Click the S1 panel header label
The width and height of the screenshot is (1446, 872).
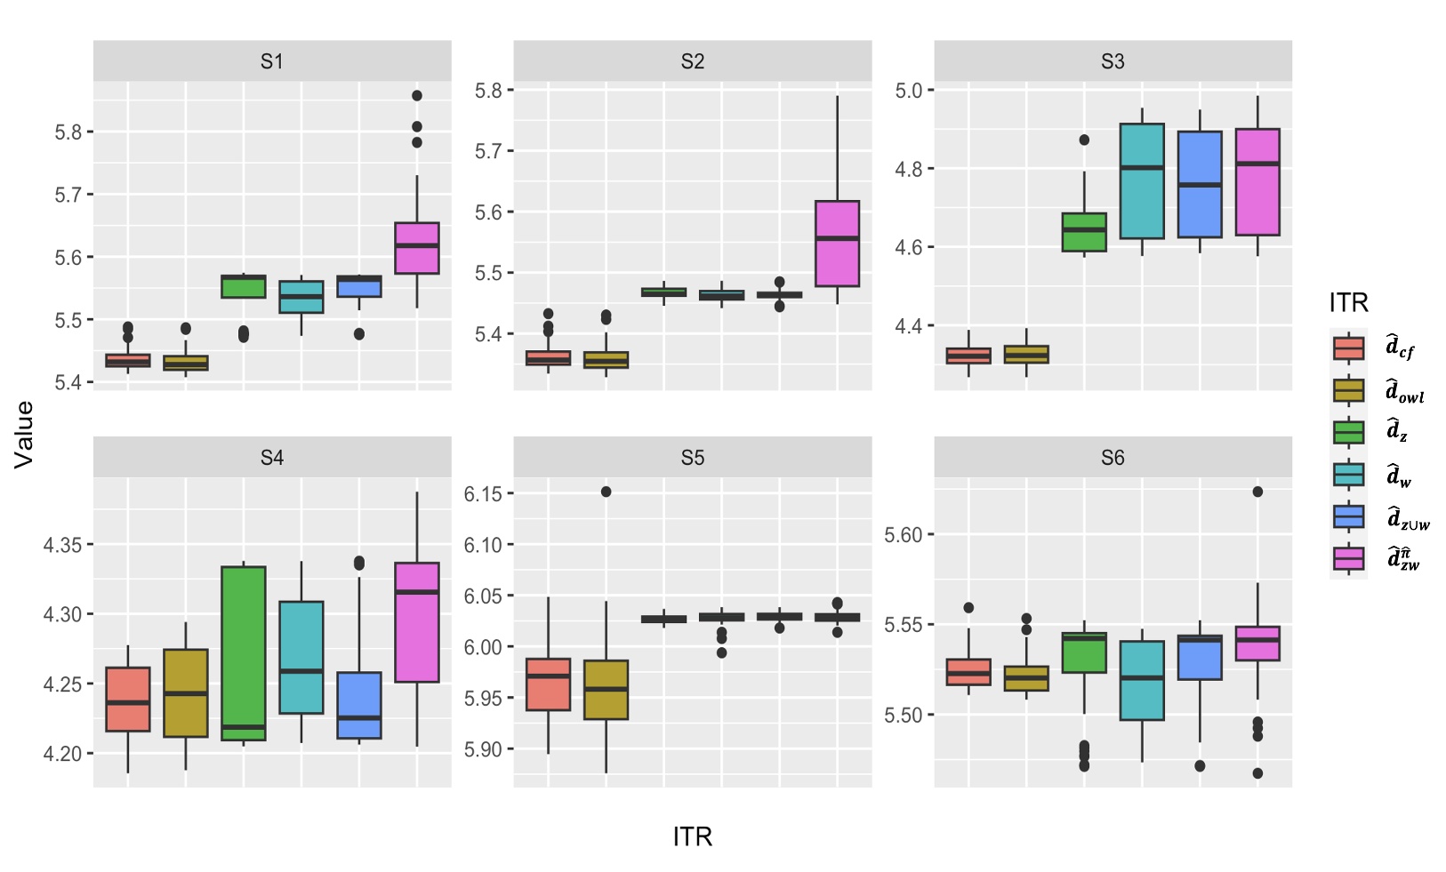click(x=271, y=61)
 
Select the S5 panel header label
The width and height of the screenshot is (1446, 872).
click(x=692, y=458)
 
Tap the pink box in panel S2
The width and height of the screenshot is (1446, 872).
click(x=837, y=244)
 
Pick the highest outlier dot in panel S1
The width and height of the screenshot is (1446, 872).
click(x=417, y=95)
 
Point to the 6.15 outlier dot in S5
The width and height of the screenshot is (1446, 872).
click(x=606, y=492)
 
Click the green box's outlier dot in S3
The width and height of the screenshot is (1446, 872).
click(x=1084, y=140)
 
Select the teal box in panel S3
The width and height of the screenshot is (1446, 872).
click(x=1142, y=181)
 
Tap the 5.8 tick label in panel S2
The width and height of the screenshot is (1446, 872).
click(x=488, y=90)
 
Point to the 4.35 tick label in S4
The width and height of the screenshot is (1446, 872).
click(x=62, y=545)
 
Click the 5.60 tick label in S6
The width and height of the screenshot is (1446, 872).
click(x=903, y=535)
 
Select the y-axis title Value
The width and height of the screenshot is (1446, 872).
click(x=24, y=434)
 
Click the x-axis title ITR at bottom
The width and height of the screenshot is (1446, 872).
click(x=692, y=836)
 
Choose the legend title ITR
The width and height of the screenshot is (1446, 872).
click(x=1348, y=303)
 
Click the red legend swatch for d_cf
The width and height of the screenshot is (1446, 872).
click(x=1348, y=348)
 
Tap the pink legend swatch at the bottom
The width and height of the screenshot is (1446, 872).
click(x=1348, y=558)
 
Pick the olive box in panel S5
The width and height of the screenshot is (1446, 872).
click(x=606, y=690)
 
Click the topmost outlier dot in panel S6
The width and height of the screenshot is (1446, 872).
click(x=1257, y=492)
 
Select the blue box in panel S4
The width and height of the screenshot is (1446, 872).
click(x=359, y=705)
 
